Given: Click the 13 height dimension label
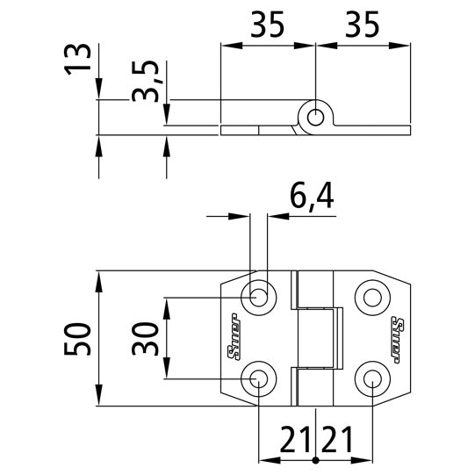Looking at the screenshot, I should tap(79, 58).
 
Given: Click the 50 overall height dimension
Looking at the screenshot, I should tap(79, 339).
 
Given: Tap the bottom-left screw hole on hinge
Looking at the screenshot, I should tap(259, 378).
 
